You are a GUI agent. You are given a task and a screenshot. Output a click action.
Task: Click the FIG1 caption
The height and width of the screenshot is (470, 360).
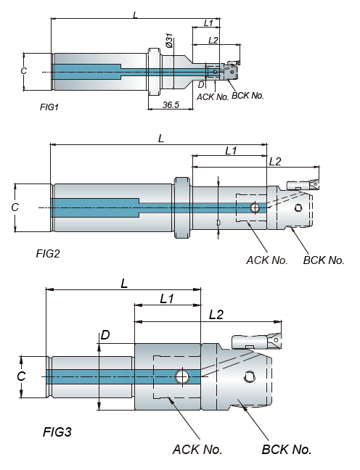click(x=49, y=107)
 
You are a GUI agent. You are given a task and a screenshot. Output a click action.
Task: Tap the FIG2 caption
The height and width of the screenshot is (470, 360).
click(x=48, y=254)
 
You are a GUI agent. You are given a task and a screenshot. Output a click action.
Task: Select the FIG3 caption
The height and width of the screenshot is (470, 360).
click(x=57, y=432)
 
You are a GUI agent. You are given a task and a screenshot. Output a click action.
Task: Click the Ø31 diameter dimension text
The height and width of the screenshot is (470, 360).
click(x=169, y=41)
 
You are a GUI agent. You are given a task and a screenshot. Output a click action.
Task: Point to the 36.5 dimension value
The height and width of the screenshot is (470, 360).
click(x=171, y=104)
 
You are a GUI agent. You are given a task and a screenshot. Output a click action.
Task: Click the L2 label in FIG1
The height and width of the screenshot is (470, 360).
click(x=213, y=40)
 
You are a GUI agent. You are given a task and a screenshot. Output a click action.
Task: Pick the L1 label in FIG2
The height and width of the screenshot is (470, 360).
click(x=231, y=150)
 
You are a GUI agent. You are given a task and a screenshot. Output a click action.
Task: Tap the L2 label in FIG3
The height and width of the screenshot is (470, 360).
click(x=216, y=315)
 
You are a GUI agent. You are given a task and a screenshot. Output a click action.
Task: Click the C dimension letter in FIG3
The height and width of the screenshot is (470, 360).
click(x=21, y=376)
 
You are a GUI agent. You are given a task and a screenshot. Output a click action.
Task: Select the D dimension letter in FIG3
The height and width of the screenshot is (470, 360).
click(x=105, y=335)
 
